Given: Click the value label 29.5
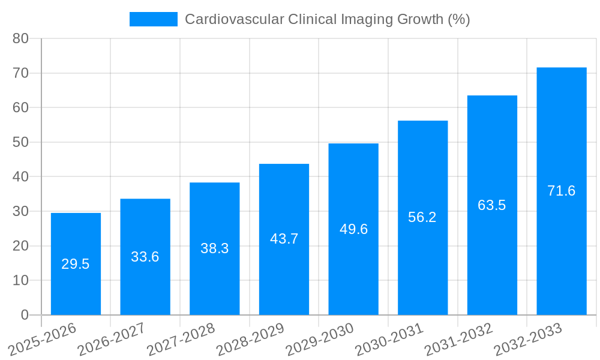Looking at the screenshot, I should (76, 264).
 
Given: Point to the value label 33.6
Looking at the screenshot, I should (145, 257).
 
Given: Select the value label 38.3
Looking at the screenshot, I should (214, 248).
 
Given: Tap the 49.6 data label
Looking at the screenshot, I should (353, 229).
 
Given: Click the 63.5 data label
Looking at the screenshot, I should (492, 205).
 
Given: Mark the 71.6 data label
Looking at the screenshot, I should (562, 191).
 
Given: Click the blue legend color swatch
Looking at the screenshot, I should (154, 19).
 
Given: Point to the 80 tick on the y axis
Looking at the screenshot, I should (21, 38).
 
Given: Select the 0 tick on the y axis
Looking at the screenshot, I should (25, 315).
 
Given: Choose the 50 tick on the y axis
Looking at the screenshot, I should (21, 142).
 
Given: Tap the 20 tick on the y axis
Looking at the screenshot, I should (21, 246).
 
